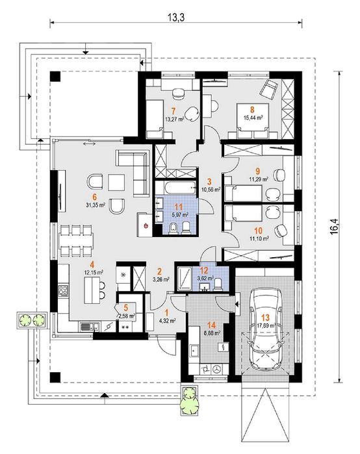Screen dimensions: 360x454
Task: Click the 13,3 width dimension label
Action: [x=176, y=18]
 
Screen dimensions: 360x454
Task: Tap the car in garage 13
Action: [x=266, y=329]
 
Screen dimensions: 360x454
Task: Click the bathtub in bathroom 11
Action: [x=175, y=188]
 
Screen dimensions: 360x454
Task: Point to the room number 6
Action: [x=94, y=197]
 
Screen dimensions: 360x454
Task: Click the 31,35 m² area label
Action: [x=94, y=205]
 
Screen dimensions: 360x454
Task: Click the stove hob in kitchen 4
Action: [x=63, y=290]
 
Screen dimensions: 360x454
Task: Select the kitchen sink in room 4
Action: [x=89, y=327]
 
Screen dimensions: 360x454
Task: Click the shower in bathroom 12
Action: [x=184, y=278]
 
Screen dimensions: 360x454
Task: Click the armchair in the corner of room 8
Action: [x=269, y=89]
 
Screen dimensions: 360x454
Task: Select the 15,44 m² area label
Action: [x=253, y=118]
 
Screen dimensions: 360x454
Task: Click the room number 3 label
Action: [x=209, y=182]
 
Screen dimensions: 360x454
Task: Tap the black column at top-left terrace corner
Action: [x=55, y=76]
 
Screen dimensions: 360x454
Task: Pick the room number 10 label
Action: [x=258, y=231]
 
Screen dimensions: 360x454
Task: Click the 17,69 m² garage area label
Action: [x=266, y=325]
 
